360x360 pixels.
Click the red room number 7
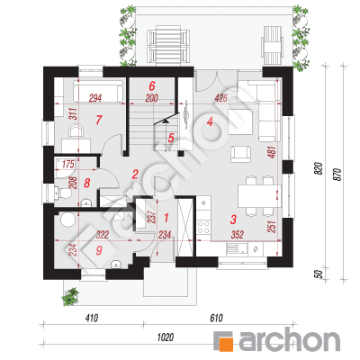click(99, 120)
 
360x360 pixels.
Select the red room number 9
click(99, 250)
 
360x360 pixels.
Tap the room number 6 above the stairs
click(152, 86)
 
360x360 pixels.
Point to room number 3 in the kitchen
click(233, 220)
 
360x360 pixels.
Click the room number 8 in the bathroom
click(87, 183)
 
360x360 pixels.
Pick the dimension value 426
click(221, 98)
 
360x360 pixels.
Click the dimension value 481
click(271, 153)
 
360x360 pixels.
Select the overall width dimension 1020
click(166, 337)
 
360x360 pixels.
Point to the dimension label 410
click(92, 318)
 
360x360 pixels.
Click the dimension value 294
click(95, 98)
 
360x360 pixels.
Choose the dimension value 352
click(238, 234)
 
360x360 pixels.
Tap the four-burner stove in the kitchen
click(203, 227)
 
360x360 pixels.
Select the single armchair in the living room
click(240, 154)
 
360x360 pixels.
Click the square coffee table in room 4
click(240, 122)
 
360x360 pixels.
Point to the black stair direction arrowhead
click(166, 121)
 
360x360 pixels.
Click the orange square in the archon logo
click(224, 343)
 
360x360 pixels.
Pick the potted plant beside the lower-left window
click(70, 297)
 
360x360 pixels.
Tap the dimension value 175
click(68, 164)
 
